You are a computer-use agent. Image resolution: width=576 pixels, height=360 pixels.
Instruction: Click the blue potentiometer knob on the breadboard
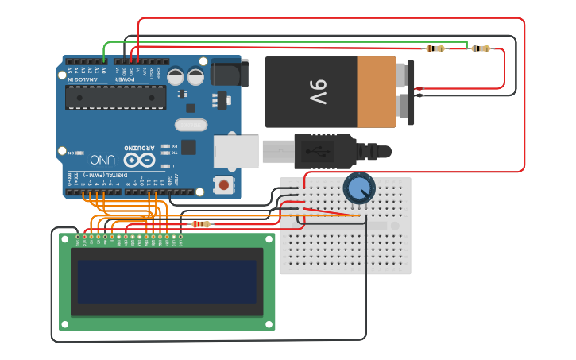tap(359, 188)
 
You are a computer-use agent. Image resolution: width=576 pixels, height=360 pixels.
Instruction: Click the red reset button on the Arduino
tap(225, 185)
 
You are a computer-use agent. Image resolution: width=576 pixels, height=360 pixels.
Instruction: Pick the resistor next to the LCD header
tap(203, 224)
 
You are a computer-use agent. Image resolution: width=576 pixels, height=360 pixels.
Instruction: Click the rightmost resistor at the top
tap(480, 48)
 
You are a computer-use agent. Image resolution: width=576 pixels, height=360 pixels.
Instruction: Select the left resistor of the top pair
tap(435, 48)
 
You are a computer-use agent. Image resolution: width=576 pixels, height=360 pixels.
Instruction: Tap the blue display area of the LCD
tap(166, 281)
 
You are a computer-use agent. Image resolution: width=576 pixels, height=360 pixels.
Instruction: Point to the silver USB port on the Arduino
tap(236, 151)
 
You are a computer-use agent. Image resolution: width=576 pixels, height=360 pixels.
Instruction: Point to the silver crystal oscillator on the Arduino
tap(190, 125)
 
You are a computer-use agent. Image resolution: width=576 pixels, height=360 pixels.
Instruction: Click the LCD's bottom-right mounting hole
tap(269, 324)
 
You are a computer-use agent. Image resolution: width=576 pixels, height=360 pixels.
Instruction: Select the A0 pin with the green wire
tap(104, 60)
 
